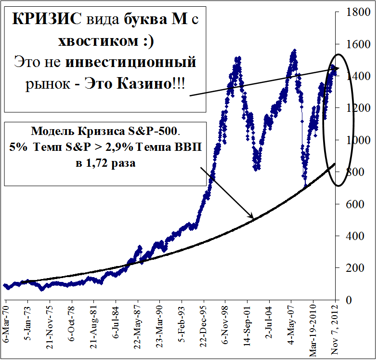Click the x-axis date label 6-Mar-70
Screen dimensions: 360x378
[x=6, y=323]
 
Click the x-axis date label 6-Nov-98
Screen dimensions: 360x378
[x=225, y=325]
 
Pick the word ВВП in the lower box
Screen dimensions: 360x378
[x=189, y=147]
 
